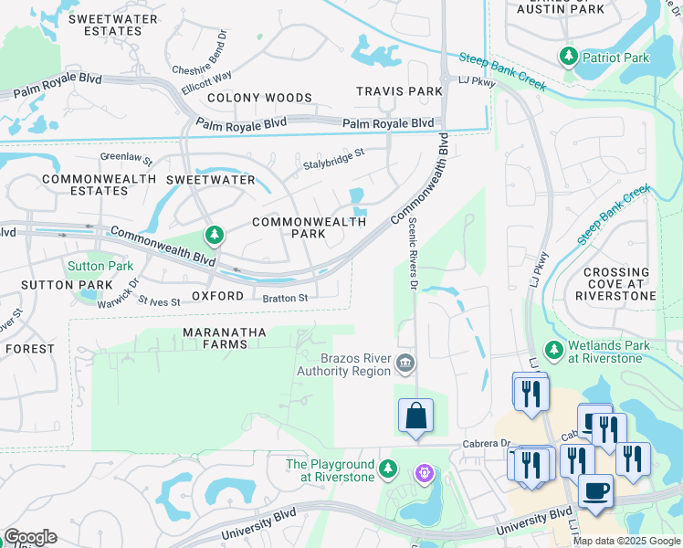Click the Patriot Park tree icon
569,57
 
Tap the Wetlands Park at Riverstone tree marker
553,350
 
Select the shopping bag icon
415,416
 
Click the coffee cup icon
595,491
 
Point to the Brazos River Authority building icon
405,364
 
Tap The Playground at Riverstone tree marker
388,469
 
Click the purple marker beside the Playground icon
423,473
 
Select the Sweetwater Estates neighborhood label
105,25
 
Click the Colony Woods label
259,98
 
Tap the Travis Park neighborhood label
399,91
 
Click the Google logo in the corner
30,537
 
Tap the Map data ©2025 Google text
625,541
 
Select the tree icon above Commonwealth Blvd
215,237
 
